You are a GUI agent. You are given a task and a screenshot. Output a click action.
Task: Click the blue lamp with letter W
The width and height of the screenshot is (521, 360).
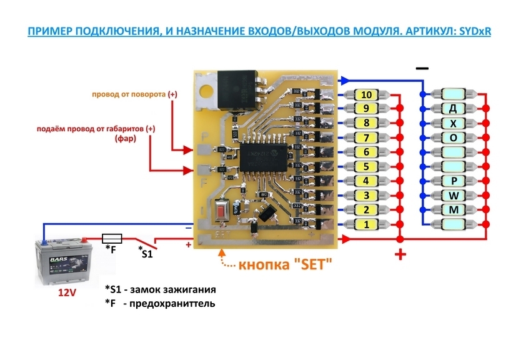click(454, 195)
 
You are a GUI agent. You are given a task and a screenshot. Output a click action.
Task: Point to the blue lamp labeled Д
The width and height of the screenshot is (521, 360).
click(454, 109)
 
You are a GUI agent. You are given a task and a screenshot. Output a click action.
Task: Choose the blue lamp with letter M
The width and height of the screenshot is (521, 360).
click(454, 209)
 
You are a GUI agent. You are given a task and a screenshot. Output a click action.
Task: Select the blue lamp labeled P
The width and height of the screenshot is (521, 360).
click(454, 181)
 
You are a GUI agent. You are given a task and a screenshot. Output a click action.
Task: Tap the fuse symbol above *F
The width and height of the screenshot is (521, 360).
click(111, 237)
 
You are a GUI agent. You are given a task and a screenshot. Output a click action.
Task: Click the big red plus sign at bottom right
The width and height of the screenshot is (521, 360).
click(400, 254)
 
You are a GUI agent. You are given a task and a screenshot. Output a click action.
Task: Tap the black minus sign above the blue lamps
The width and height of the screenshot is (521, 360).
click(422, 67)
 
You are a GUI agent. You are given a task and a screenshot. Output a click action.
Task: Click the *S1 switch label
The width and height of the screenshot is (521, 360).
click(146, 252)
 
